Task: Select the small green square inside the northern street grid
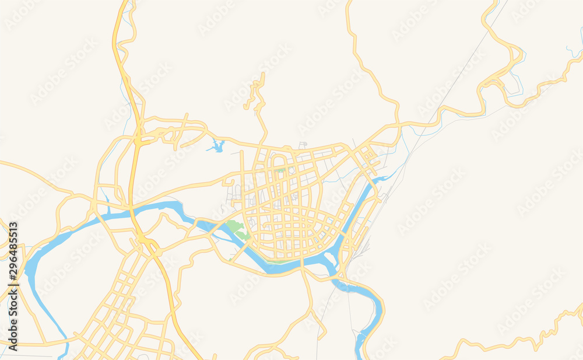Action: click(x=281, y=171)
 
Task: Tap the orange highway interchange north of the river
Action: click(x=140, y=139)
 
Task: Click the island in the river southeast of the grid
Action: click(x=335, y=261)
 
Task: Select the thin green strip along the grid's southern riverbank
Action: click(x=280, y=261)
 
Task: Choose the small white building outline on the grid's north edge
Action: click(x=303, y=144)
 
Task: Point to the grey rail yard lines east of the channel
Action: click(x=361, y=245)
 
